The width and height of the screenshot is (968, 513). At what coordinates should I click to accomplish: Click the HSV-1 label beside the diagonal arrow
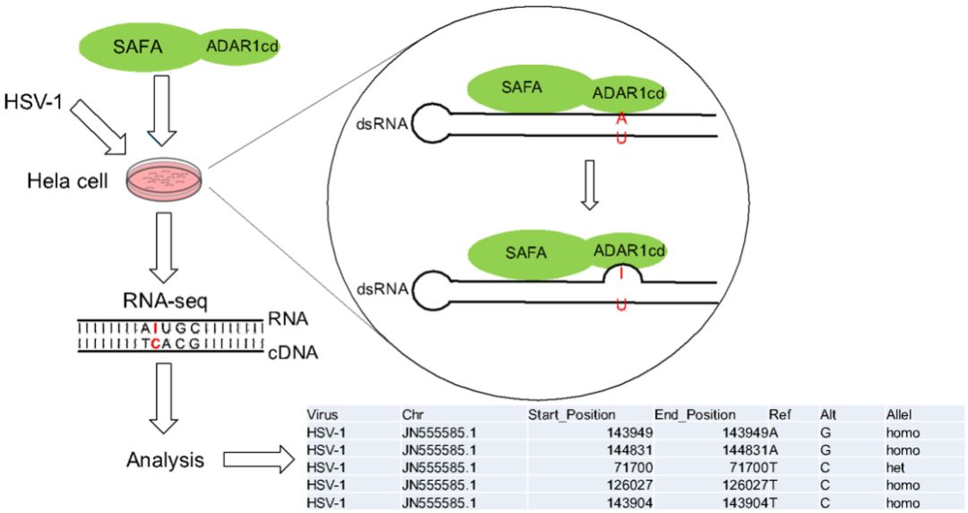point(33,100)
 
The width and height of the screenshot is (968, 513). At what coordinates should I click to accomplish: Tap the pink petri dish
point(164,178)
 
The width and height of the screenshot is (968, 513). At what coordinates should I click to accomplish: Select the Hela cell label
point(67,181)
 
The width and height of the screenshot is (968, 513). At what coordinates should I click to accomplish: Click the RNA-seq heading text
point(165,301)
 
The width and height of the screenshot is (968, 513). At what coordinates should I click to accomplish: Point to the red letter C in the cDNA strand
point(156,343)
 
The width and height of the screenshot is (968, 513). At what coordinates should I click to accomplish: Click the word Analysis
point(165,460)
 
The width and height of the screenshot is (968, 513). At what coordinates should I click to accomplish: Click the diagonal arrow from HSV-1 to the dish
point(99,127)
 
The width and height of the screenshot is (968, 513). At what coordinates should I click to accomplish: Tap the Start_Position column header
point(572,414)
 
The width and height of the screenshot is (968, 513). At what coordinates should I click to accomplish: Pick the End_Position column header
point(696,414)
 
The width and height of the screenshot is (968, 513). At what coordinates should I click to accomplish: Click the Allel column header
point(899,414)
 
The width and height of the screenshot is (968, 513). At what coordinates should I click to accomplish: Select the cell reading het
point(895,468)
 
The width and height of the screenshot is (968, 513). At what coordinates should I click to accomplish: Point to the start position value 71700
point(634,468)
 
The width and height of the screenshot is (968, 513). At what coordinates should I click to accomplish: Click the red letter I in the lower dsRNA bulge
point(621,273)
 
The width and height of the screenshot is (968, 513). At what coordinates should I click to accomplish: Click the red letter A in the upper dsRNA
point(621,118)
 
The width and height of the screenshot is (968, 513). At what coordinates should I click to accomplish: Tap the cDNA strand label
point(292,353)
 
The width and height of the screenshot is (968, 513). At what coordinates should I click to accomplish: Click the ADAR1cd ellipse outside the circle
point(241,47)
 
